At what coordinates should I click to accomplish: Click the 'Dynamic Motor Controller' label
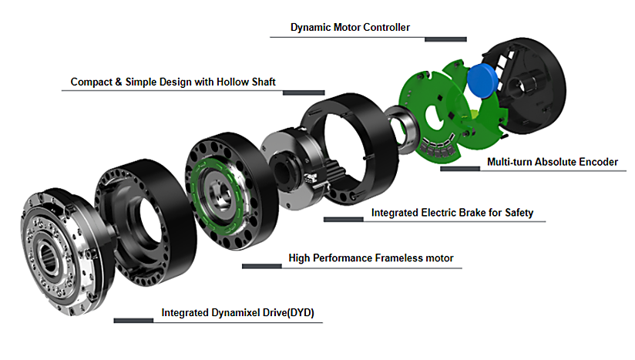pos(350,28)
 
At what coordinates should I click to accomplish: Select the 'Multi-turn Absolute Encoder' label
pos(553,163)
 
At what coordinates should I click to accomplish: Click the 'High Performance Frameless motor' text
pos(371,257)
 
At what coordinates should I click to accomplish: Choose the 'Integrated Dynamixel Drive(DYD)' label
pos(242,313)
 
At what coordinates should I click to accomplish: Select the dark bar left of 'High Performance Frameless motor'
pos(262,266)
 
